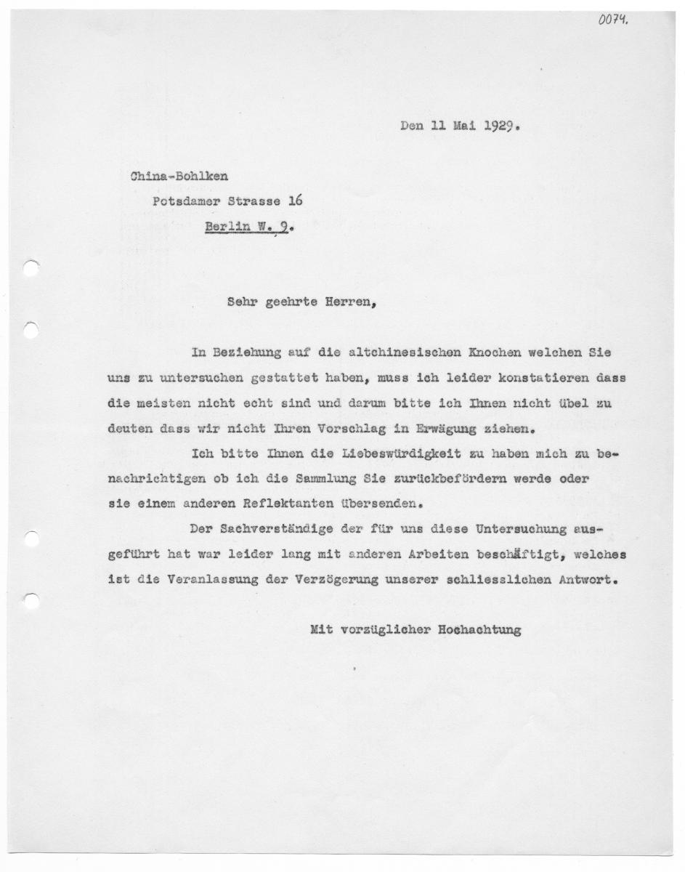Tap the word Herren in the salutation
pyautogui.click(x=352, y=305)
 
